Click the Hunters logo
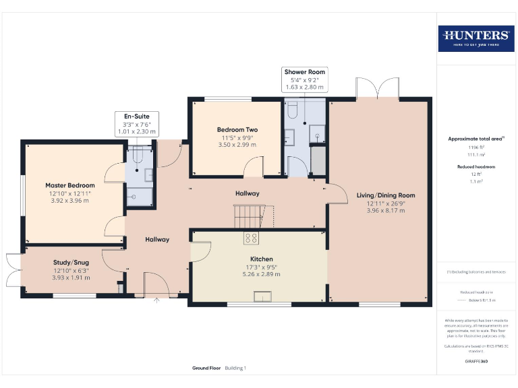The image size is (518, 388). click(476, 38)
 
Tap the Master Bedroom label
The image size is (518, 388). click(69, 185)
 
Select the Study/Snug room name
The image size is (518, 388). click(71, 263)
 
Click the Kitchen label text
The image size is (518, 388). click(261, 259)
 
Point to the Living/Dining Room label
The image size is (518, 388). click(386, 195)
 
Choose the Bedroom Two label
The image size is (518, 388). click(237, 129)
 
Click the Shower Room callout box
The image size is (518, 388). click(304, 79)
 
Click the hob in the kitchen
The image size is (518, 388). click(251, 237)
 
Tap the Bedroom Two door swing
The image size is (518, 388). click(254, 167)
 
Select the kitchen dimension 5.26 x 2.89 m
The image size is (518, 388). click(261, 275)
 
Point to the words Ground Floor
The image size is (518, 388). click(206, 368)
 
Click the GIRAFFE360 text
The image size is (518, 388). click(476, 362)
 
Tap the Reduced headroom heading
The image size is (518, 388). click(476, 166)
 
